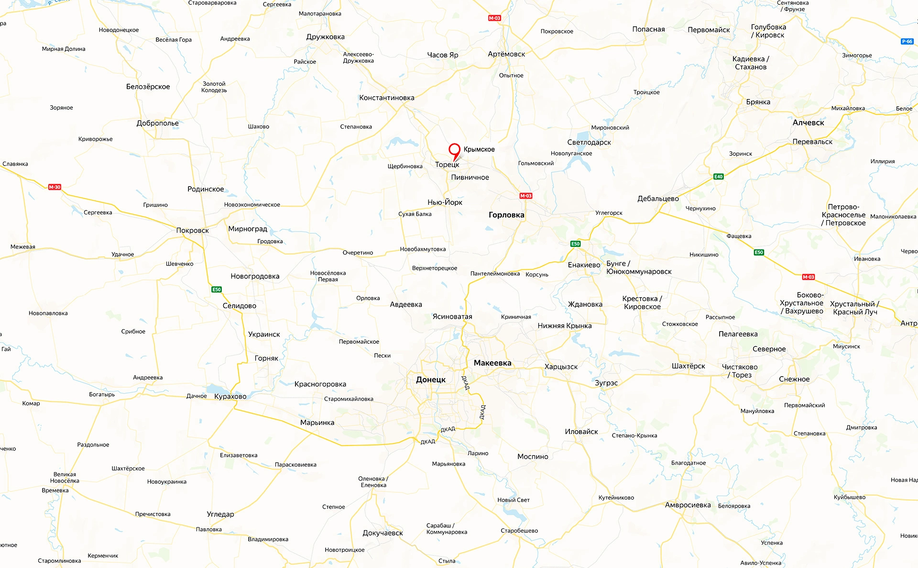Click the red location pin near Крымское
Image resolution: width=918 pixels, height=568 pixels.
click(x=454, y=150)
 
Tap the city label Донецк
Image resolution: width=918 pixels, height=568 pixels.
click(x=430, y=379)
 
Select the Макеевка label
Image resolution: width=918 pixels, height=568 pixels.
click(x=492, y=363)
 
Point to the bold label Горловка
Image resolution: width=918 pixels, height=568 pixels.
click(x=506, y=215)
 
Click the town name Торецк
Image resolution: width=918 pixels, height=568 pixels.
click(x=447, y=165)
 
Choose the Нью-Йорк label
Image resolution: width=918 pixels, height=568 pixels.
click(x=445, y=202)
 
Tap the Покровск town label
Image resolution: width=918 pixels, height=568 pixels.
click(x=192, y=230)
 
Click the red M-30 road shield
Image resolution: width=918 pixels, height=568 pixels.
click(x=55, y=187)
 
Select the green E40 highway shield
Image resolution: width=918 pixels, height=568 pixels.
click(x=718, y=177)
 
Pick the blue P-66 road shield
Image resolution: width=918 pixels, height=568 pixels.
click(x=907, y=42)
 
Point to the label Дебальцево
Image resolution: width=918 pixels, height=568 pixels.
click(x=658, y=199)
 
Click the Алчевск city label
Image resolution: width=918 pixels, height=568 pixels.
click(x=808, y=123)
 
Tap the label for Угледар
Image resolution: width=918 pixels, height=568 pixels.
click(x=220, y=514)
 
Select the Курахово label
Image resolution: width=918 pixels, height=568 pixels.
click(x=230, y=396)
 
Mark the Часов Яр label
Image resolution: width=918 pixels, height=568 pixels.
click(x=442, y=55)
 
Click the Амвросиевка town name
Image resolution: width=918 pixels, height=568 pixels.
click(x=688, y=505)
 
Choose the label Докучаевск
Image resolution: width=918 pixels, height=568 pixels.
click(x=382, y=533)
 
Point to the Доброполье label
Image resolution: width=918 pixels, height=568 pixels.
click(x=157, y=123)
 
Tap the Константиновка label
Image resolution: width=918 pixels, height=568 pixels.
click(x=387, y=98)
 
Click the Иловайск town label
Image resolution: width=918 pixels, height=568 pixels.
click(x=581, y=432)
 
